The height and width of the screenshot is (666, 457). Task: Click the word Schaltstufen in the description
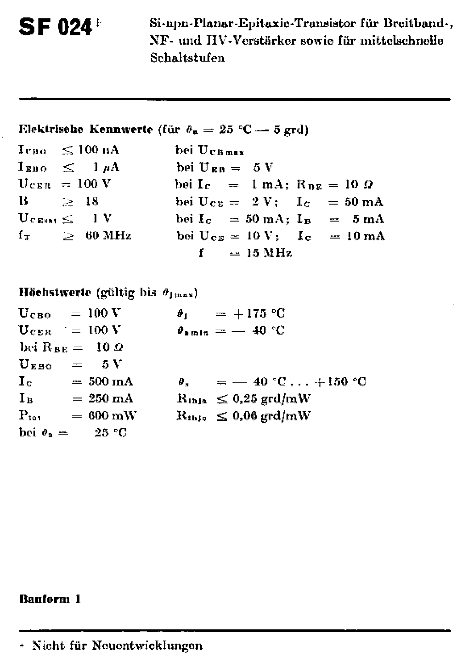pyautogui.click(x=187, y=58)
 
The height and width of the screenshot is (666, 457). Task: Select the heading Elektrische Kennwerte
pyautogui.click(x=86, y=130)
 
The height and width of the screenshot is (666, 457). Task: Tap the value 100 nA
pyautogui.click(x=99, y=150)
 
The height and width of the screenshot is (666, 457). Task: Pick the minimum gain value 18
pyautogui.click(x=92, y=201)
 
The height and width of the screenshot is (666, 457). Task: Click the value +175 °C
pyautogui.click(x=259, y=314)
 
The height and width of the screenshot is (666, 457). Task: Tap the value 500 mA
pyautogui.click(x=110, y=381)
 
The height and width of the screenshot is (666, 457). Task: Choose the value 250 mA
pyautogui.click(x=110, y=398)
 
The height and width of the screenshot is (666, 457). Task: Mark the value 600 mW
pyautogui.click(x=112, y=415)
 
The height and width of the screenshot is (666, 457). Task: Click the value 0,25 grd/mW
pyautogui.click(x=271, y=398)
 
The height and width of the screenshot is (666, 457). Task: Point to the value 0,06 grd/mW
pyautogui.click(x=271, y=416)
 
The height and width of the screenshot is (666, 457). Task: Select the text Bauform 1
pyautogui.click(x=50, y=599)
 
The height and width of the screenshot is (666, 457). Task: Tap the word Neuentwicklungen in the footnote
pyautogui.click(x=147, y=645)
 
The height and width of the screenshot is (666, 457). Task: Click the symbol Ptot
pyautogui.click(x=30, y=416)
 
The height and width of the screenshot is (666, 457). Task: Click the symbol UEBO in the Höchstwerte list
pyautogui.click(x=35, y=364)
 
